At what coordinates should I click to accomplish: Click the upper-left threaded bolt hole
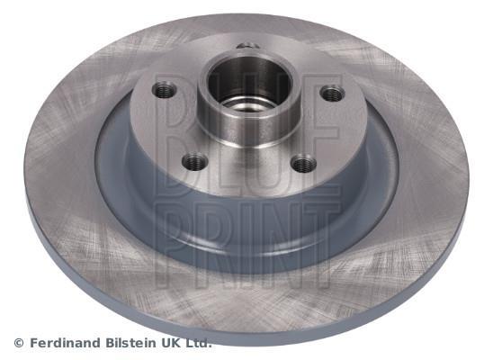tap(164, 90)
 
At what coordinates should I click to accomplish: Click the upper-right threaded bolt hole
tap(333, 94)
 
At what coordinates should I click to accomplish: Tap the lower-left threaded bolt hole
tap(195, 162)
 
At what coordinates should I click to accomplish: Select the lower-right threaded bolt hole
tap(303, 163)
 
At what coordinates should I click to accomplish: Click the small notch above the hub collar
tap(248, 46)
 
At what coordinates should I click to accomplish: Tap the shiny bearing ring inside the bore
tap(246, 104)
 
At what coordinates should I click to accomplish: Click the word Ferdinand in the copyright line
tap(66, 343)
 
